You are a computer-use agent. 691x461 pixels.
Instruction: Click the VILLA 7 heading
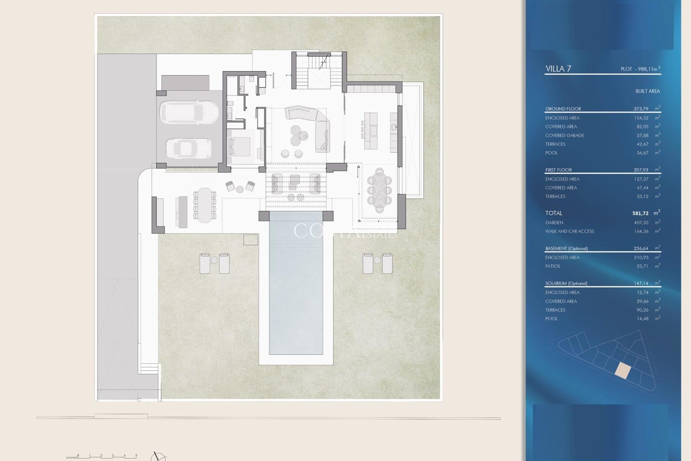(558, 69)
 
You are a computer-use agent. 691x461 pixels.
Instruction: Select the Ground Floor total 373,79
(641, 109)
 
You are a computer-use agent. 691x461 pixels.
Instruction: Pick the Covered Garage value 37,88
(642, 135)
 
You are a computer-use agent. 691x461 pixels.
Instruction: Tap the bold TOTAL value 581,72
(640, 213)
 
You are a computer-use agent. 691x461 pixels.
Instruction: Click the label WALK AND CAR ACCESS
(569, 231)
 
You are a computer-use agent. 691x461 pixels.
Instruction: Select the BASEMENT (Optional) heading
(566, 249)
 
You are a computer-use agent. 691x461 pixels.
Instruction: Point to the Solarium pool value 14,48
(642, 319)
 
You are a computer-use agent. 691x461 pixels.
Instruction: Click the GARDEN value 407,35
(641, 223)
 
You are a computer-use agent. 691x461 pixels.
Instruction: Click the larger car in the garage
(189, 112)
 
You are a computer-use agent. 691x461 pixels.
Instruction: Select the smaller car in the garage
(188, 148)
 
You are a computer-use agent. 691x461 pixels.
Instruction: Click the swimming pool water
(296, 285)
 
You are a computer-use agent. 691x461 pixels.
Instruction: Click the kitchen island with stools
(371, 130)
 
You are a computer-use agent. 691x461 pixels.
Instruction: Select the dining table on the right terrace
(380, 190)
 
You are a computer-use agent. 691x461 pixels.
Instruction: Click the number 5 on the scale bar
(136, 456)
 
